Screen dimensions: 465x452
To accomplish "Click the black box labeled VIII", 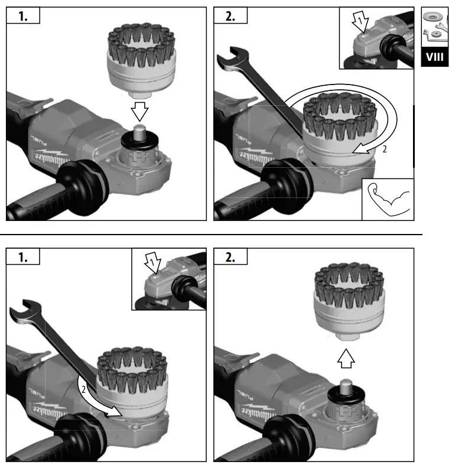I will pyautogui.click(x=434, y=57).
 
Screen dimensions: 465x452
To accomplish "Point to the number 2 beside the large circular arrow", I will pyautogui.click(x=384, y=149).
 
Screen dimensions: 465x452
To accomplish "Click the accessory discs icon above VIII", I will pyautogui.click(x=434, y=27).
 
